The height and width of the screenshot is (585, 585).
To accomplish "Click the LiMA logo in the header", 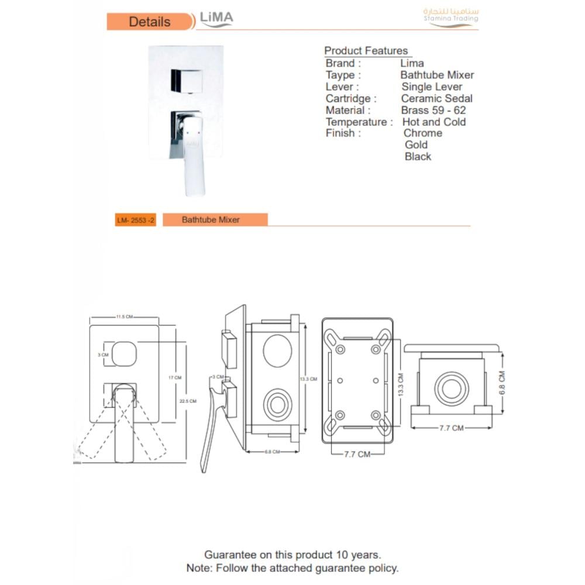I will tap(216, 19).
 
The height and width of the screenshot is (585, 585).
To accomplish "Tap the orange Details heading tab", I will tap(150, 22).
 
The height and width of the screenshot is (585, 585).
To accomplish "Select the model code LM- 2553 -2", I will tap(136, 220).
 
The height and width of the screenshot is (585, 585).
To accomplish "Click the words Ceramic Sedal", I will tap(436, 98).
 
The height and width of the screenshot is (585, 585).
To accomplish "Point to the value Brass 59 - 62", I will tap(433, 110).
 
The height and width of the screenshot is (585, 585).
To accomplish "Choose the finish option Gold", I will tap(416, 144).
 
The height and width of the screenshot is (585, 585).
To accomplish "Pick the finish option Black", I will tap(418, 156).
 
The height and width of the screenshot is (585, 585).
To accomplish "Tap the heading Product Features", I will tap(366, 50).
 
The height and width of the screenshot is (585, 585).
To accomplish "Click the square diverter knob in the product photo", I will tap(187, 81).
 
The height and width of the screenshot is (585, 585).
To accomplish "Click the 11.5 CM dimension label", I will tap(124, 316).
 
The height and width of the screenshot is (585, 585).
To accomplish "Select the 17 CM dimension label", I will tap(175, 378).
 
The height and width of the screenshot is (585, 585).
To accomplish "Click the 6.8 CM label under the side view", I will tap(273, 452).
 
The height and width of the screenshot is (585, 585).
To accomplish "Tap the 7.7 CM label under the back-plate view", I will tap(356, 454).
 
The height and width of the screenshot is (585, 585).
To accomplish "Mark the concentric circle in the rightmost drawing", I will tap(451, 388).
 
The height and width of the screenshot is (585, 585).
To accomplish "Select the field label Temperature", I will tap(356, 122).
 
